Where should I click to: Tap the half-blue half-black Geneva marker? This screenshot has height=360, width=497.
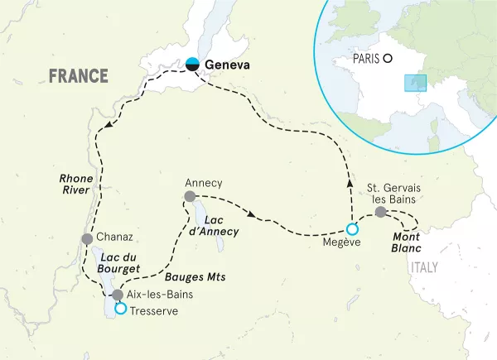(193, 63)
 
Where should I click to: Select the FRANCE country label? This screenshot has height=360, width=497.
(79, 76)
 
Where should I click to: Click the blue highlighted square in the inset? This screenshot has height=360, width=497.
(414, 83)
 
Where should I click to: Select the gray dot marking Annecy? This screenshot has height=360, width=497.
(190, 197)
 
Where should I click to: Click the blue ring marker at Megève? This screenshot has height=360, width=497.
(352, 228)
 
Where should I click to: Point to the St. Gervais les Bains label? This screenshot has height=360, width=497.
(393, 194)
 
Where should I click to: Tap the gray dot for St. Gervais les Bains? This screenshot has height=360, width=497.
(380, 213)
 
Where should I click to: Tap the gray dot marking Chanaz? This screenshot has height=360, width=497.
(87, 238)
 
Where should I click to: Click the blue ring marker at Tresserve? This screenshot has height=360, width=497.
(121, 309)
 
